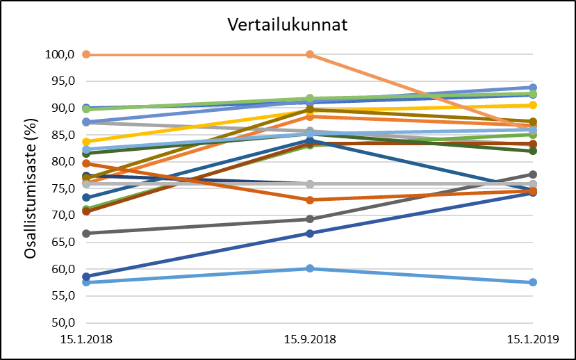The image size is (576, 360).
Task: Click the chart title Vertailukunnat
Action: coord(288,25)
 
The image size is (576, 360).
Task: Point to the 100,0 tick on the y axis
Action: coord(60,55)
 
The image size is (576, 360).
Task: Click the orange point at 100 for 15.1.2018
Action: coord(86,54)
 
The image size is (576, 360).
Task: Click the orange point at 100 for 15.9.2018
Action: coord(310,54)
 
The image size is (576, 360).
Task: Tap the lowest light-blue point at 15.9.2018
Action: coord(310,268)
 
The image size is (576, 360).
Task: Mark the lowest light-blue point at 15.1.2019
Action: coord(533,282)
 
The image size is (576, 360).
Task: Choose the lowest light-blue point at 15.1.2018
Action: coord(86,282)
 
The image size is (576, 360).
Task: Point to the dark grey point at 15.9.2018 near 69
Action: coord(310,219)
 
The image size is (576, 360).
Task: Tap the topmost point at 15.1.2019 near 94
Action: coord(533,88)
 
